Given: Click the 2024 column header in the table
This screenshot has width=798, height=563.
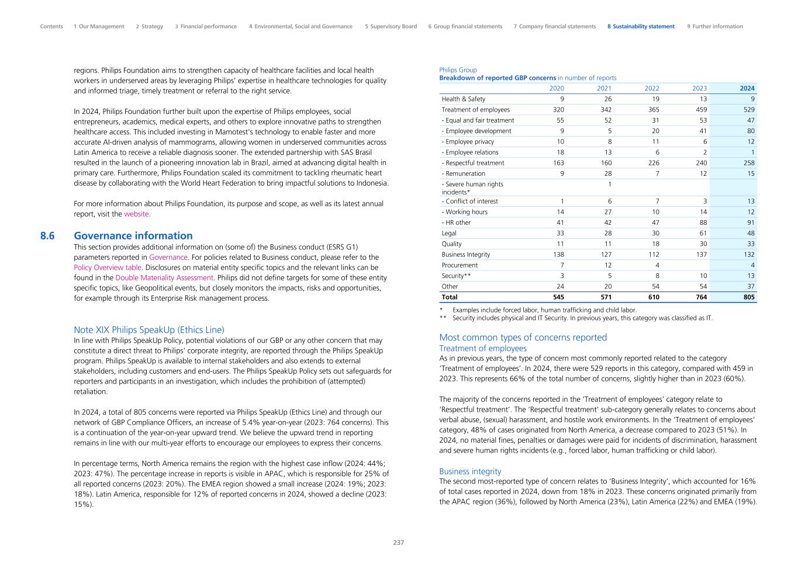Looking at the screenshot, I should coord(747,89).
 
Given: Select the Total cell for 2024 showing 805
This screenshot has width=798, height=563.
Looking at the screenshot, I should coord(748,297).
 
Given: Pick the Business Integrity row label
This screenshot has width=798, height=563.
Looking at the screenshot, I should coord(466,255).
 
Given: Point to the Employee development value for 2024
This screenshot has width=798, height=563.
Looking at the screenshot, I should coord(749,131).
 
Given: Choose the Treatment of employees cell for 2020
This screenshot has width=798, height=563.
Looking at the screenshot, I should coord(558,110).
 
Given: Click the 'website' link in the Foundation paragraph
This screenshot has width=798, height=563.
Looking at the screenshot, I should coord(136,214).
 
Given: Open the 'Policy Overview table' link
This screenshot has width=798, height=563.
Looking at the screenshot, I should coord(108,267).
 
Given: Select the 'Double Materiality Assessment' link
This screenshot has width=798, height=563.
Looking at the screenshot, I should coord(164,278).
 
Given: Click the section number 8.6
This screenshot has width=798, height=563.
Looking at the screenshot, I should coord(47,236).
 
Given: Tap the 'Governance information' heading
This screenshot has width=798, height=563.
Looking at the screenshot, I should coord(133,236).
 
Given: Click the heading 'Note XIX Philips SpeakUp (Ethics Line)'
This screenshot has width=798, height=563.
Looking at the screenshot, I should coord(149,330).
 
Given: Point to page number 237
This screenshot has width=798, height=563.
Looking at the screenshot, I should coord(398,543).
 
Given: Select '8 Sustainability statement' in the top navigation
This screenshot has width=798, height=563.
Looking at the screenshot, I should coord(641,26).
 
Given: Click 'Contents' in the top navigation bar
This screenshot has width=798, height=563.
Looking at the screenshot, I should coord(51,26).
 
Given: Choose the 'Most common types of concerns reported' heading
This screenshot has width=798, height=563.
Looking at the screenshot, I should coord(523,338).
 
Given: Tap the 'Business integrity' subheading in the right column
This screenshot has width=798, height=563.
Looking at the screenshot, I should coord(470,471).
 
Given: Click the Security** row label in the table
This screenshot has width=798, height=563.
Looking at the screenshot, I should coord(456,276).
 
